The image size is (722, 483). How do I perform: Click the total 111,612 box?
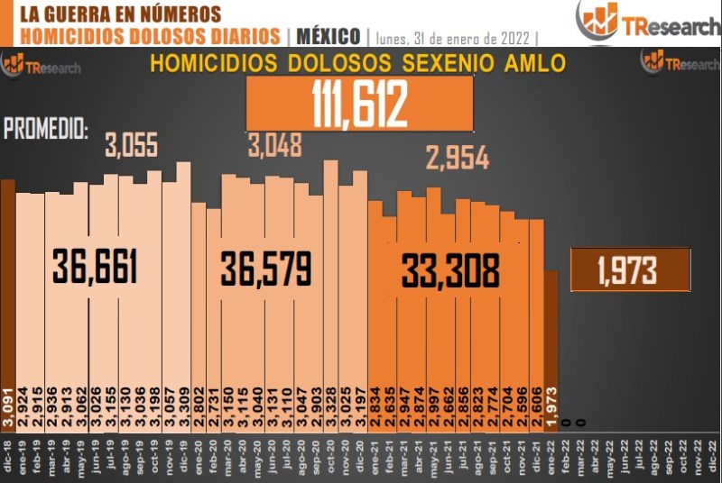[x=360, y=104]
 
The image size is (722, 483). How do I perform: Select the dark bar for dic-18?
[x=7, y=297]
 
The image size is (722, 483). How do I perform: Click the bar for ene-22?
[x=551, y=342]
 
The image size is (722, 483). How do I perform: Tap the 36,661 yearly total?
[x=95, y=268]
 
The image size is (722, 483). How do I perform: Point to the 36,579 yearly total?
[x=266, y=269]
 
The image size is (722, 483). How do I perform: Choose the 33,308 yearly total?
[x=450, y=270]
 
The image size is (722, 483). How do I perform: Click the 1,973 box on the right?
[x=630, y=269]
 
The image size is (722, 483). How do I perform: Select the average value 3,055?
[x=132, y=146]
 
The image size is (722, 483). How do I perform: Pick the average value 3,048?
[x=274, y=144]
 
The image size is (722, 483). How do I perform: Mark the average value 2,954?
[x=457, y=159]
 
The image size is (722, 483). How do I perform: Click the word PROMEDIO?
[x=46, y=129]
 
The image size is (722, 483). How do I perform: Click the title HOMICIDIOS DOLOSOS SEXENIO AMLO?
[x=357, y=65]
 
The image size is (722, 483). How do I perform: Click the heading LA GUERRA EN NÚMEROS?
[x=119, y=14]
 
